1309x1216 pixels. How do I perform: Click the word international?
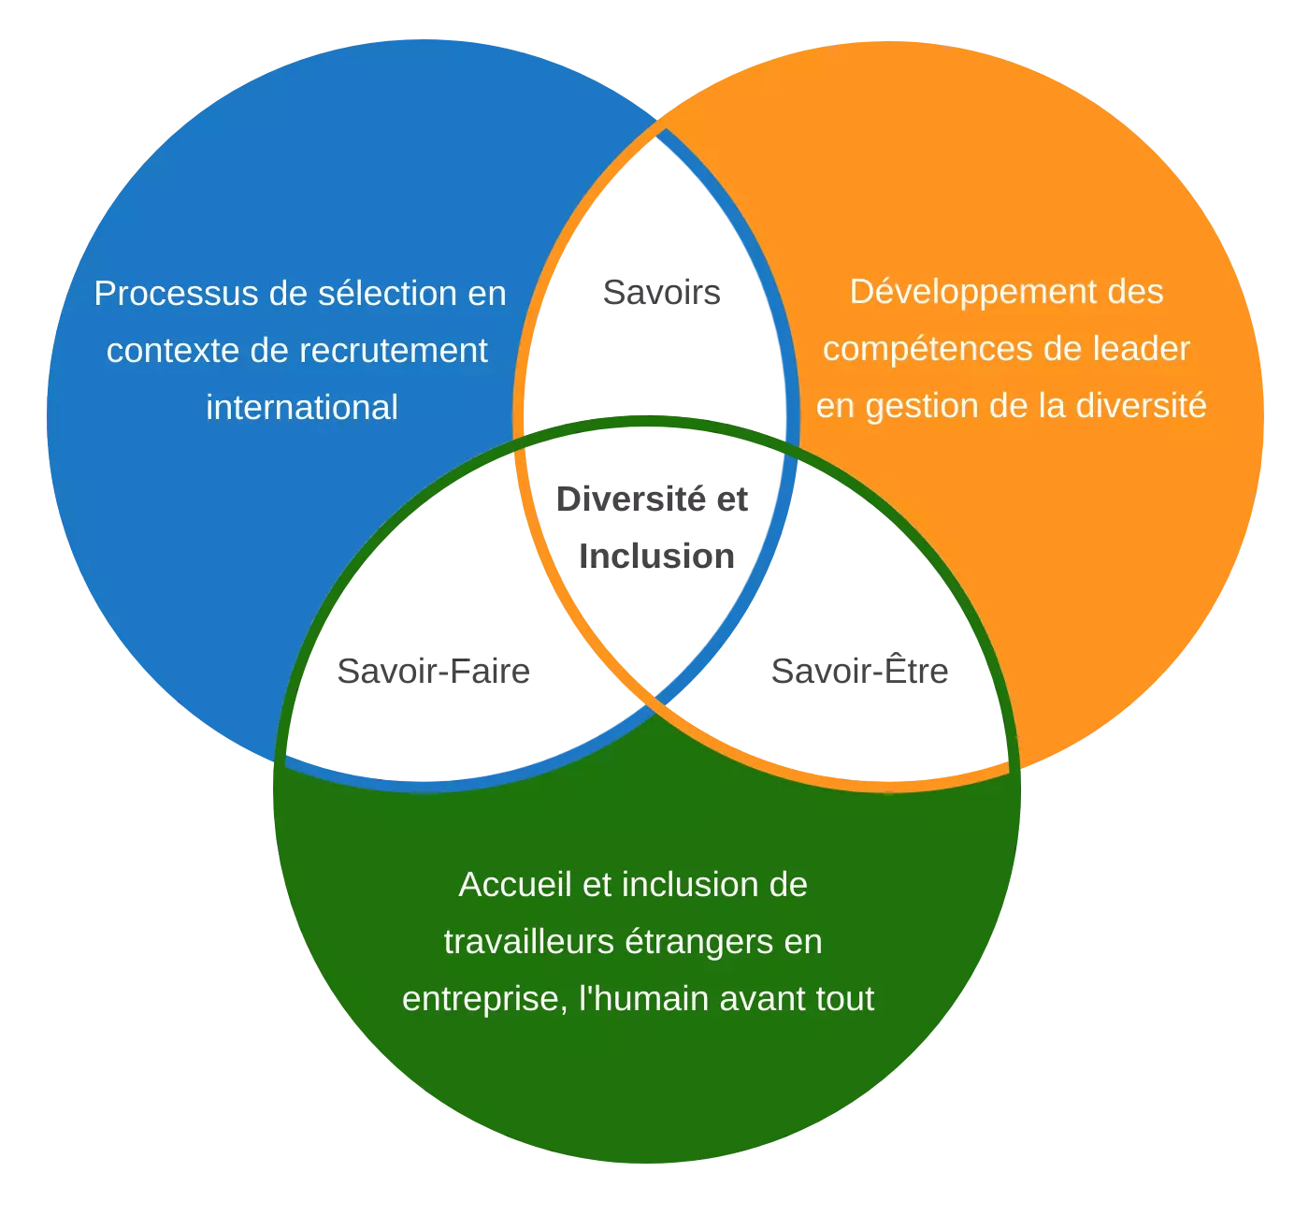coord(302,408)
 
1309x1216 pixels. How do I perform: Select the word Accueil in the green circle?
coord(515,885)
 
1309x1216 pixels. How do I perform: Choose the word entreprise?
coord(485,999)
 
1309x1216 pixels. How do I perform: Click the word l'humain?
coord(644,999)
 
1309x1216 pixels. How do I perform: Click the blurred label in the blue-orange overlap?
coord(661,293)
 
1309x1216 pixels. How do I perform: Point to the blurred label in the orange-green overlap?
coord(859,672)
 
